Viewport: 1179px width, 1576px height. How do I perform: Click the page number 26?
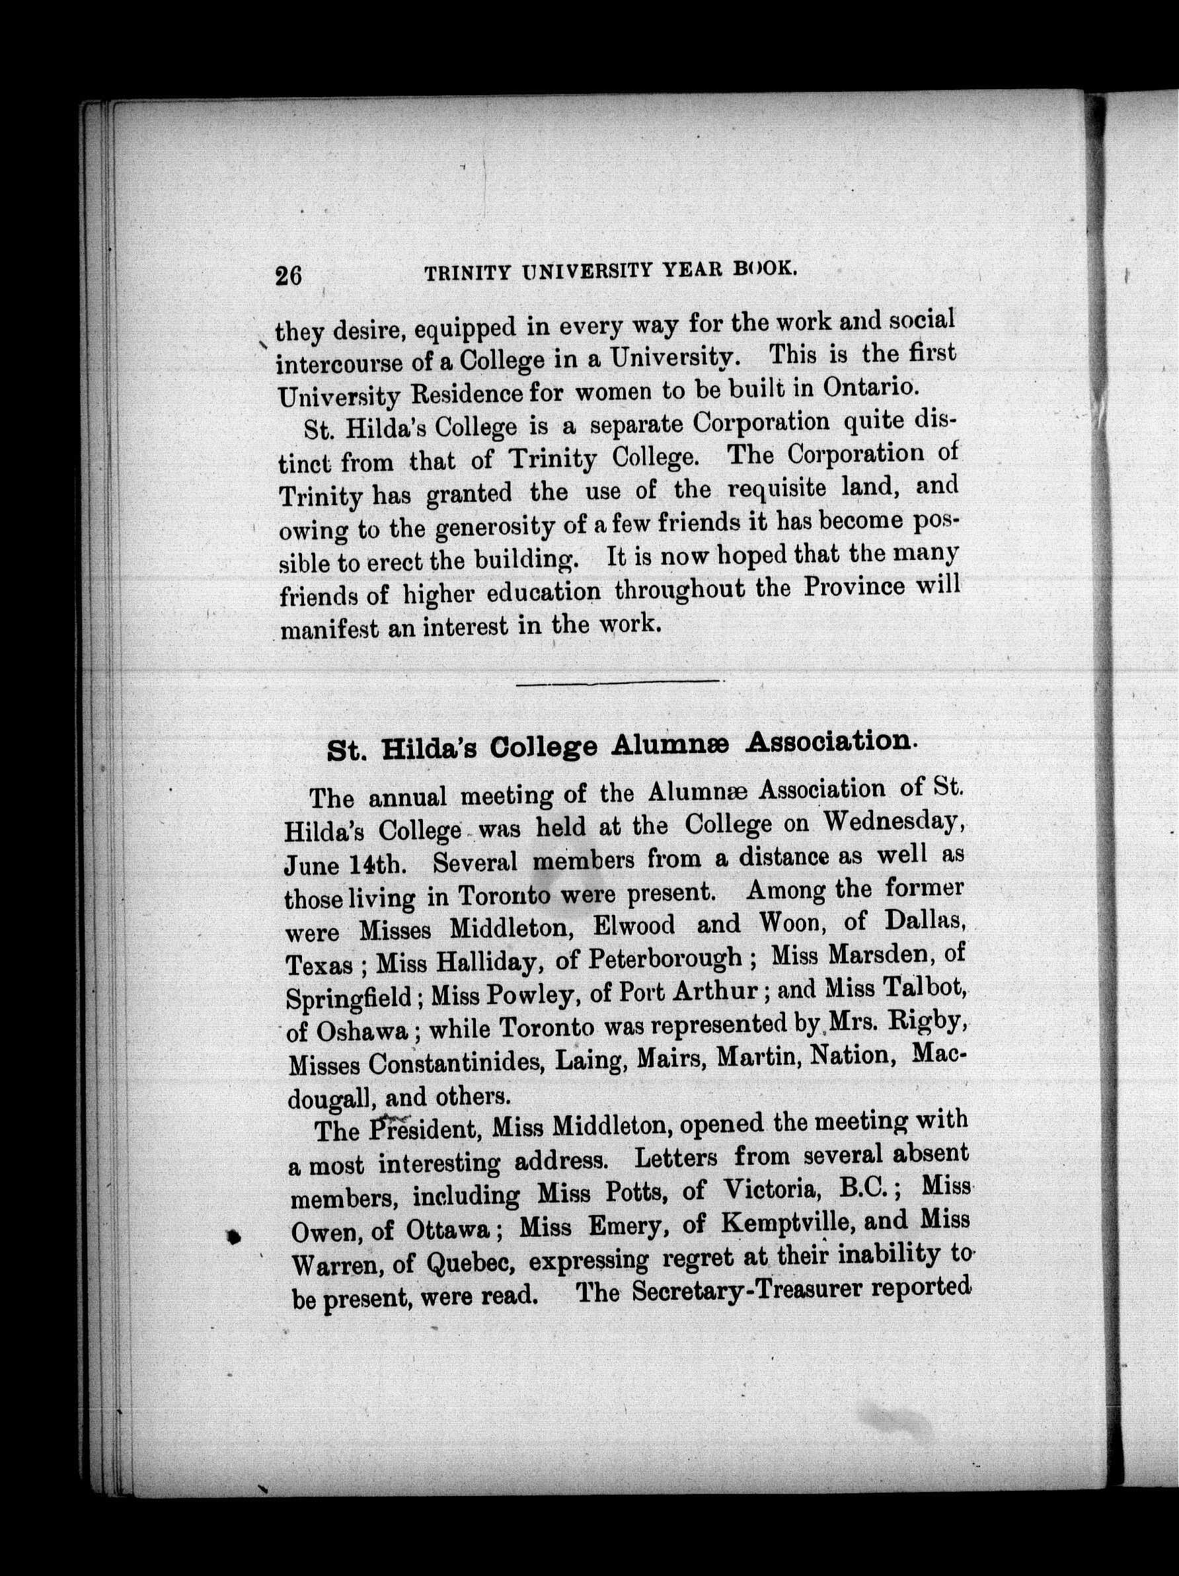289,275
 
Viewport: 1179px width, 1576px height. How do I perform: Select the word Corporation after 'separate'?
761,422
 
